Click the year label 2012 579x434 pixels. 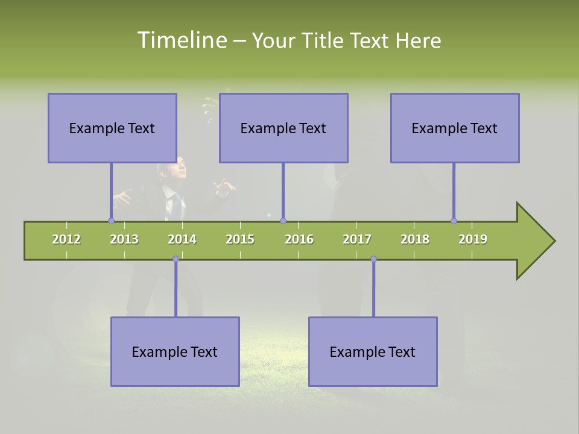pos(66,239)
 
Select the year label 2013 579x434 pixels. pos(124,239)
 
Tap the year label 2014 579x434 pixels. pos(182,239)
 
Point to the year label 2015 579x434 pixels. pos(240,239)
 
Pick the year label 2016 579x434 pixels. pos(299,239)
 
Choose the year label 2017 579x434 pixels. pos(357,239)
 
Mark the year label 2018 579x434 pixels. pos(415,239)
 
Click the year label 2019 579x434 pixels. pos(473,239)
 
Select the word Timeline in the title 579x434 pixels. pos(182,40)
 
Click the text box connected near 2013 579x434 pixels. pos(112,128)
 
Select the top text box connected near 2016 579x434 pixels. pos(283,128)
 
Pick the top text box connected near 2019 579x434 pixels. pos(455,128)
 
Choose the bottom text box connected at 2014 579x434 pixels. pos(175,351)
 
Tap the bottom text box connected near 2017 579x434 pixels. pos(373,351)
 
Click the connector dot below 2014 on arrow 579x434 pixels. pos(176,259)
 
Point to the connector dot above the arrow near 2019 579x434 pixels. pos(454,221)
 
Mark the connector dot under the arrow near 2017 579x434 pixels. pos(373,259)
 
